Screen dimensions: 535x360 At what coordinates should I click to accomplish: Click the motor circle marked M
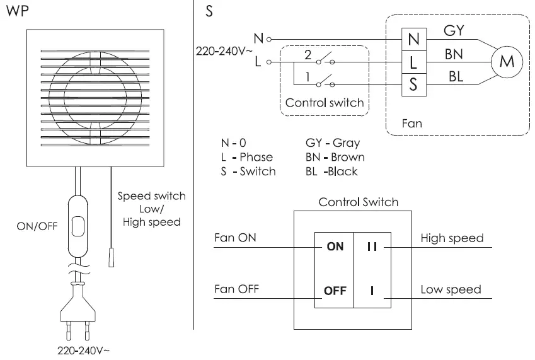(507, 62)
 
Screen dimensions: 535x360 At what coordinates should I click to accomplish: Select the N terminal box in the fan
(414, 39)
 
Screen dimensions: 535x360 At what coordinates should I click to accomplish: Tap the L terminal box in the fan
(414, 62)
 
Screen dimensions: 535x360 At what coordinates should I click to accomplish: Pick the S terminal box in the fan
(414, 84)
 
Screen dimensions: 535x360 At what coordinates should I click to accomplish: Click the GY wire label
(454, 31)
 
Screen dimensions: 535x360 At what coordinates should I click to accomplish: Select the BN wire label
(454, 54)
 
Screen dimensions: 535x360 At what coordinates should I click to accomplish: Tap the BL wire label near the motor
(456, 76)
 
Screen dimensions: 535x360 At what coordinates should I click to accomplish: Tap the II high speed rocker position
(372, 247)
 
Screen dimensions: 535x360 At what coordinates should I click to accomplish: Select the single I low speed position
(372, 291)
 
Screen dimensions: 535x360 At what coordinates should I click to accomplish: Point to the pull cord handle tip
(112, 258)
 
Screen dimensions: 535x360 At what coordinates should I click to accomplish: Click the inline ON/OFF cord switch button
(78, 226)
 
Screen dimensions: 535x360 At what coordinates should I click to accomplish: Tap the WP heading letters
(18, 11)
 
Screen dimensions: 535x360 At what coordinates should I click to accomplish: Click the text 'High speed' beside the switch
(452, 238)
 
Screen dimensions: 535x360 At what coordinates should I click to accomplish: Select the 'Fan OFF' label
(236, 289)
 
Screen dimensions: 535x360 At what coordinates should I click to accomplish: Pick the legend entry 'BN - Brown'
(335, 157)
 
